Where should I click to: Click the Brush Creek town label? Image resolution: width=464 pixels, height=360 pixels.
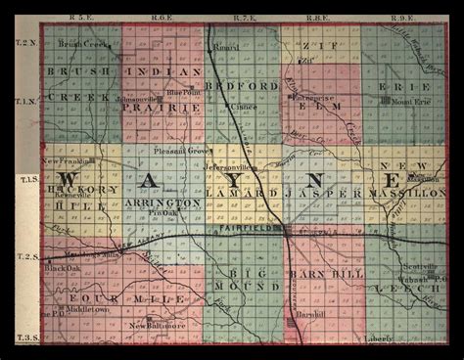coord(79,44)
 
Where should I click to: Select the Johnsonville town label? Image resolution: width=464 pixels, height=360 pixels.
coord(135,98)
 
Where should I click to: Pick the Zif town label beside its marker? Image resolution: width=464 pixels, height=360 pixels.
coord(306,61)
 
